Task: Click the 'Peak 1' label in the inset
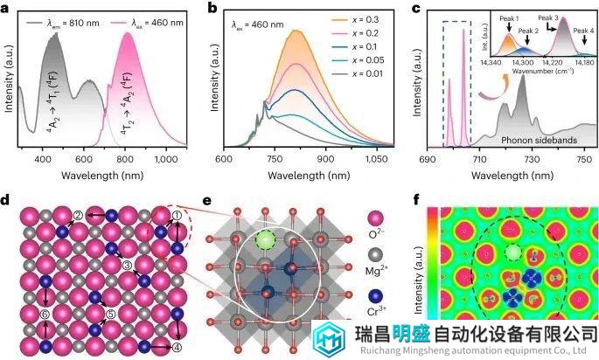[507, 18]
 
